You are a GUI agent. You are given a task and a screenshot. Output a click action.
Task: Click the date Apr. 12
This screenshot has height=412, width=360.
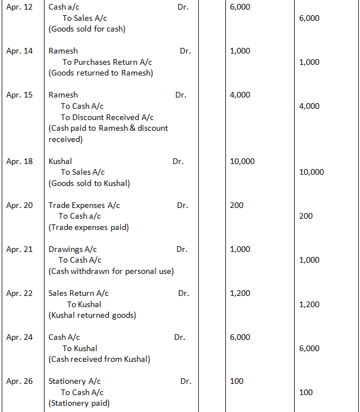click(x=19, y=7)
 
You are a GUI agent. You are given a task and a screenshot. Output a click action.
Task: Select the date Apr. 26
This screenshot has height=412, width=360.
click(x=19, y=381)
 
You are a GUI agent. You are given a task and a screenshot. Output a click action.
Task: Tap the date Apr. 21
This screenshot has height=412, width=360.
click(x=19, y=249)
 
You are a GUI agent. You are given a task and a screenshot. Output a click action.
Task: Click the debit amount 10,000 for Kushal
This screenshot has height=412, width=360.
click(x=242, y=161)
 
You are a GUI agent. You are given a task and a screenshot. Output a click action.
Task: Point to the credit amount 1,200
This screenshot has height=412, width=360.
click(x=309, y=304)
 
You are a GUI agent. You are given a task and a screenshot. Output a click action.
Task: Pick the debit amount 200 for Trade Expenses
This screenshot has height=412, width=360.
click(x=237, y=205)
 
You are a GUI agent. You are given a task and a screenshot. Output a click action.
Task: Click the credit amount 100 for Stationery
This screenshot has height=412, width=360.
click(x=306, y=392)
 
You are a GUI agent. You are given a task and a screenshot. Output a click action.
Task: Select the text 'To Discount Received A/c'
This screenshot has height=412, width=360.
click(x=107, y=117)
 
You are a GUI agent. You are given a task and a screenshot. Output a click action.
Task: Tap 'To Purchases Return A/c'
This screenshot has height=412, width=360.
click(x=107, y=62)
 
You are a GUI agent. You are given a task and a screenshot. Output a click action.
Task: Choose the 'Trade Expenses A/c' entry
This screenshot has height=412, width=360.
click(x=84, y=205)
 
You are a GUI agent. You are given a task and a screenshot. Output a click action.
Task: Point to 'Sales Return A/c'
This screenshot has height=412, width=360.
click(x=78, y=293)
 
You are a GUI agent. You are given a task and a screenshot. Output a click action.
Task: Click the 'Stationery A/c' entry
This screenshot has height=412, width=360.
click(x=74, y=381)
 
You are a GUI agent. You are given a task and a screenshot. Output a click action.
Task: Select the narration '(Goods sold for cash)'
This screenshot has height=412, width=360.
click(x=87, y=29)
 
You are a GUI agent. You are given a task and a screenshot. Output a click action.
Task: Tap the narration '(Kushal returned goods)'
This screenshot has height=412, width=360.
click(x=92, y=315)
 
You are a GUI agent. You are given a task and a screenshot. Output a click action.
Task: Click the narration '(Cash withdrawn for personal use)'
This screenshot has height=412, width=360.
click(x=111, y=271)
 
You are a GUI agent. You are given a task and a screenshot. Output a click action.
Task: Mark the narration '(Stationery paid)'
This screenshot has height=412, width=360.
click(x=79, y=403)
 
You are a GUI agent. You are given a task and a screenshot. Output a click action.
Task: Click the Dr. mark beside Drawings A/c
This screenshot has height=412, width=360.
click(x=182, y=249)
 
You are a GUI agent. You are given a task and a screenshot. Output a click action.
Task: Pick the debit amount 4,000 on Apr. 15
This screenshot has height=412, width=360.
click(x=241, y=95)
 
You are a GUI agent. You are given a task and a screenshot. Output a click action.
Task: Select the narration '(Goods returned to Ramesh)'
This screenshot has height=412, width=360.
click(x=101, y=73)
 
